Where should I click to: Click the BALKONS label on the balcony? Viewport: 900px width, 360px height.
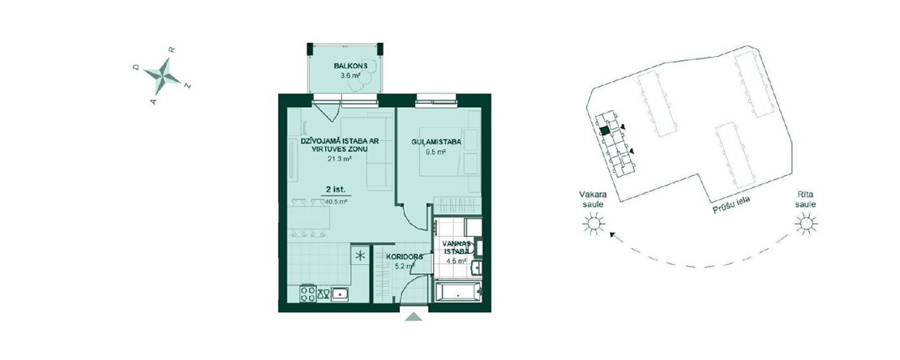346,66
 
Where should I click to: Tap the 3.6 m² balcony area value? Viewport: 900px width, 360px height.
345,75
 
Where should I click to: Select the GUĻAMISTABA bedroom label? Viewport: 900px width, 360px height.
437,142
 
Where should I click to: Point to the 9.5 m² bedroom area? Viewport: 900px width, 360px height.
436,152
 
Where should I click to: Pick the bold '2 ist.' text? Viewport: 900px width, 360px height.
336,189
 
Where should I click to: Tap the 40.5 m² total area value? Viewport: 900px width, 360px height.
336,202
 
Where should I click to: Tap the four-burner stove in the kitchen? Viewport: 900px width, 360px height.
308,294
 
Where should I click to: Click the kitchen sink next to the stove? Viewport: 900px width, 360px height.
341,294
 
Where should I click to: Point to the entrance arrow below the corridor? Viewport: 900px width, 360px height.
414,315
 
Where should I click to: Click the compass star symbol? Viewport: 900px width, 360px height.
162,76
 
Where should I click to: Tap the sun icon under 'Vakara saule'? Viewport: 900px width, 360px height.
593,223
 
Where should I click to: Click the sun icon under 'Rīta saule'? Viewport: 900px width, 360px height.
806,223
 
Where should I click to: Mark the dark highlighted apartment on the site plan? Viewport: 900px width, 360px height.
604,131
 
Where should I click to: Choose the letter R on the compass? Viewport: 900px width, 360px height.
171,50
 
